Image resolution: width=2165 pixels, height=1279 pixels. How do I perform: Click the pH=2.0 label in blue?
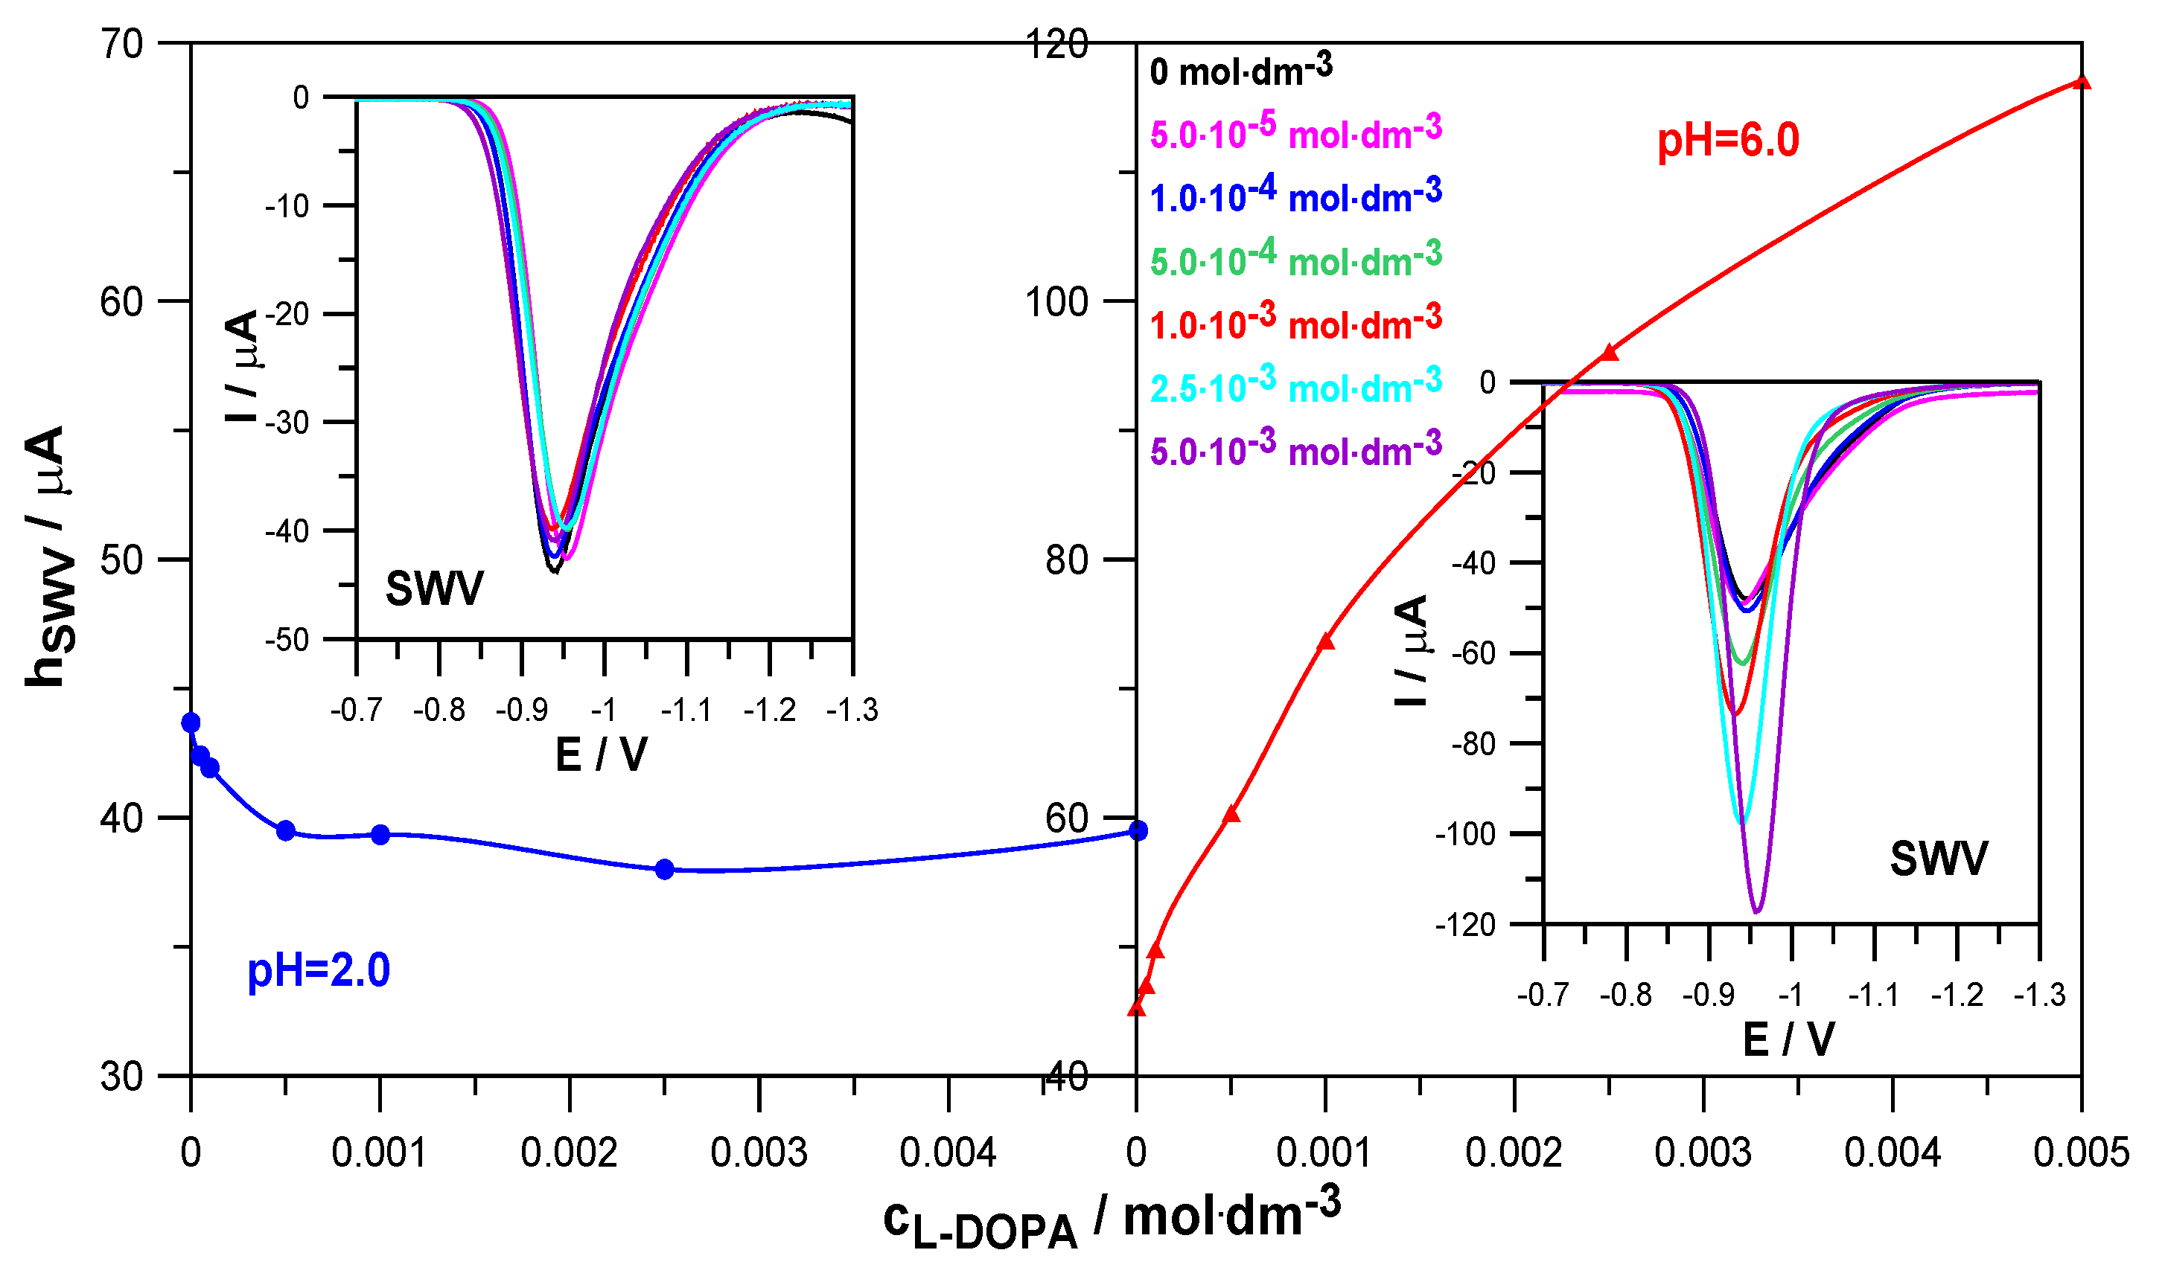[x=318, y=971]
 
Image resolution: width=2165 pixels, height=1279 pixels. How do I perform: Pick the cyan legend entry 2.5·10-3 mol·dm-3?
[x=1294, y=385]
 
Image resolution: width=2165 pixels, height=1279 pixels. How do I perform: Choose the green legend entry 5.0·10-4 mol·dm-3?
[x=1294, y=259]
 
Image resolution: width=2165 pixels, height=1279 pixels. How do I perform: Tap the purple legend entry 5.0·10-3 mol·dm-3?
[x=1294, y=449]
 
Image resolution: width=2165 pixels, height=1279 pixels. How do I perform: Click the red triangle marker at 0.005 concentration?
[x=2082, y=82]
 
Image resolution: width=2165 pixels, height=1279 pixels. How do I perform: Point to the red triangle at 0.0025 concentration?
[x=1609, y=353]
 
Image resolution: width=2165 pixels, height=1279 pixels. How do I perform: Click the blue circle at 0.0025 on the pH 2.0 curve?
[x=664, y=870]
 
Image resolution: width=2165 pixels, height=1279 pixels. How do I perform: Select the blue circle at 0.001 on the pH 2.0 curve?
[x=380, y=834]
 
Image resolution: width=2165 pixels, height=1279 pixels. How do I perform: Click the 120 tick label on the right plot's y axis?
[x=1056, y=44]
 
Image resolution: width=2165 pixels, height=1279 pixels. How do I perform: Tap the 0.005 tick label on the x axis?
[x=2081, y=1153]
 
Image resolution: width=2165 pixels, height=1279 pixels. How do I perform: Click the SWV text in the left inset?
[x=434, y=589]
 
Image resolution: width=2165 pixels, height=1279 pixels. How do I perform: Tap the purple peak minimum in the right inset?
[x=1756, y=910]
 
